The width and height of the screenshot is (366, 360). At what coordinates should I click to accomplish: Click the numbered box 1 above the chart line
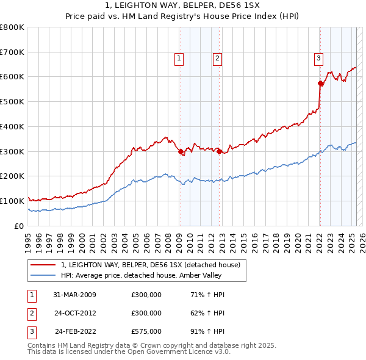point(179,59)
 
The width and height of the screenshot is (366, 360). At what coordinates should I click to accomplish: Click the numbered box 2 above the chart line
point(217,59)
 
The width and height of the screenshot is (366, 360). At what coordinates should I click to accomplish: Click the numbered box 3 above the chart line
point(318,59)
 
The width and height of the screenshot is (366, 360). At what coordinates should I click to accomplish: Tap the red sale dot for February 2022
point(320,83)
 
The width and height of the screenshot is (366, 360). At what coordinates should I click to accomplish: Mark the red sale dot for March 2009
point(181,152)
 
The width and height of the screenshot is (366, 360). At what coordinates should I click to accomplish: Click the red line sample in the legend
point(43,265)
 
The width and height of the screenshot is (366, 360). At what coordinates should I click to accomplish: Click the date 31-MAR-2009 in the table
point(74,295)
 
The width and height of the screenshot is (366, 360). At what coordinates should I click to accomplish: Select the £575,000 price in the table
point(146,332)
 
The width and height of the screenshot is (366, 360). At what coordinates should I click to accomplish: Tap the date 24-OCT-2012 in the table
point(74,314)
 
